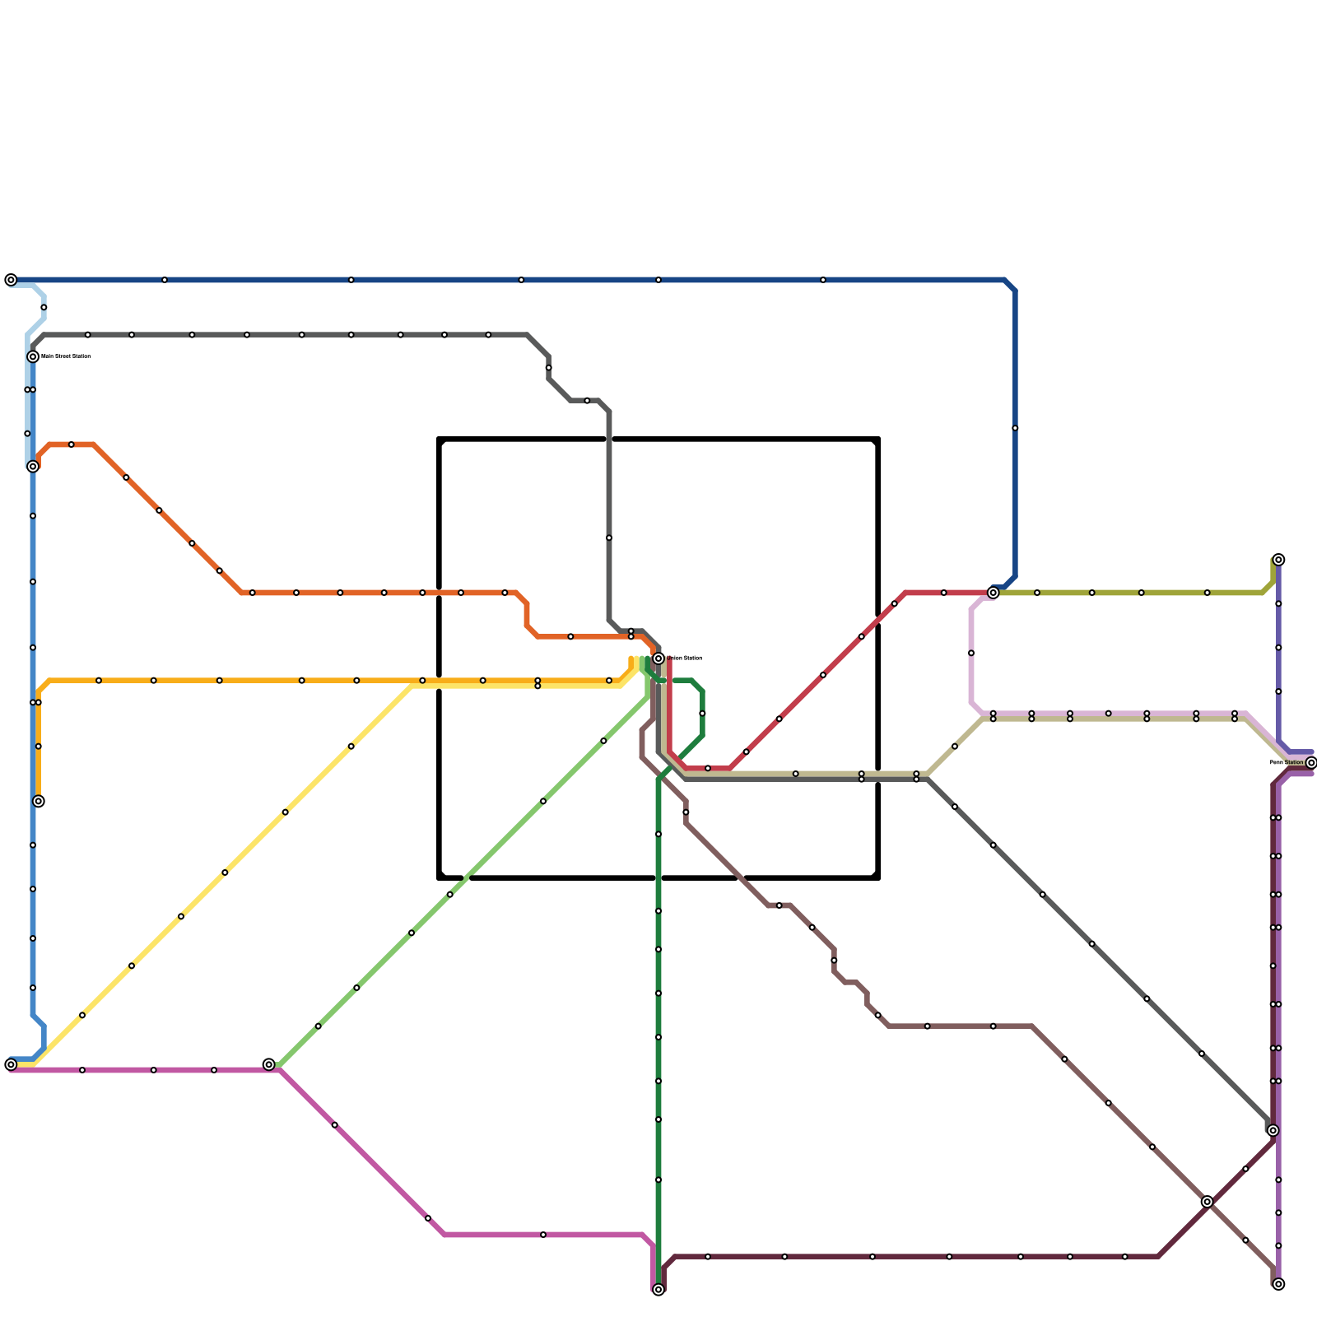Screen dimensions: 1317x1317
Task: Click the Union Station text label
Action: point(684,658)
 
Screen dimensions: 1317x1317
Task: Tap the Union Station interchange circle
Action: point(658,658)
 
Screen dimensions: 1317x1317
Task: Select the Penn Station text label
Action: point(1287,763)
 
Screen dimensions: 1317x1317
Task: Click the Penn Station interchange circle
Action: point(1311,763)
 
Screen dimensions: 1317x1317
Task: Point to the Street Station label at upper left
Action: point(66,356)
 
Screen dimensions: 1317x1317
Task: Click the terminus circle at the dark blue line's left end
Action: point(11,280)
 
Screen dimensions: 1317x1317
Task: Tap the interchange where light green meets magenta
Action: point(269,1064)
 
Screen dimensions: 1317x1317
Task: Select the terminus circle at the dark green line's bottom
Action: point(658,1290)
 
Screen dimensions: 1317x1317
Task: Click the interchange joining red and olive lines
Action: point(994,593)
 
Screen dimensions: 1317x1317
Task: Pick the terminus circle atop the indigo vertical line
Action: point(1278,560)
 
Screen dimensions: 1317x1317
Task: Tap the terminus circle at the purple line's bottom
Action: point(1278,1284)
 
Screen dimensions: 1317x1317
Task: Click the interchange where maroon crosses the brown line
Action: point(1207,1202)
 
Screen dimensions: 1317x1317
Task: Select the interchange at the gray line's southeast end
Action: point(1273,1130)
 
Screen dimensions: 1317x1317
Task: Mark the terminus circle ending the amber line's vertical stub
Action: point(39,801)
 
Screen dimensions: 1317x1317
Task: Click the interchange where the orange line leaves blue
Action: point(33,467)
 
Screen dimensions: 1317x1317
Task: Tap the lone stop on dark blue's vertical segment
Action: point(1015,428)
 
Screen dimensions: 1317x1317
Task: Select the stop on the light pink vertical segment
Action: point(971,653)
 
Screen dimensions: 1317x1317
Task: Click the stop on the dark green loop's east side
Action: point(702,714)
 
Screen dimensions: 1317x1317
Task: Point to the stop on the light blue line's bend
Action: point(44,307)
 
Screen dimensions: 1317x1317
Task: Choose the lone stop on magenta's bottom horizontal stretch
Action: point(543,1235)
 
